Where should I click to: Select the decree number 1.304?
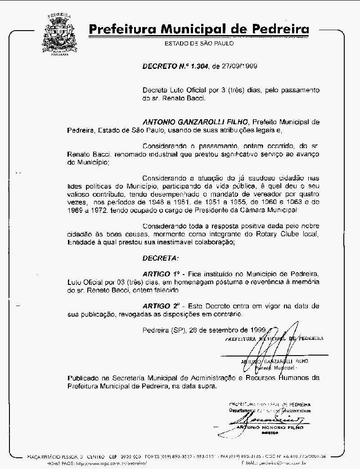pyautogui.click(x=198, y=66)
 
